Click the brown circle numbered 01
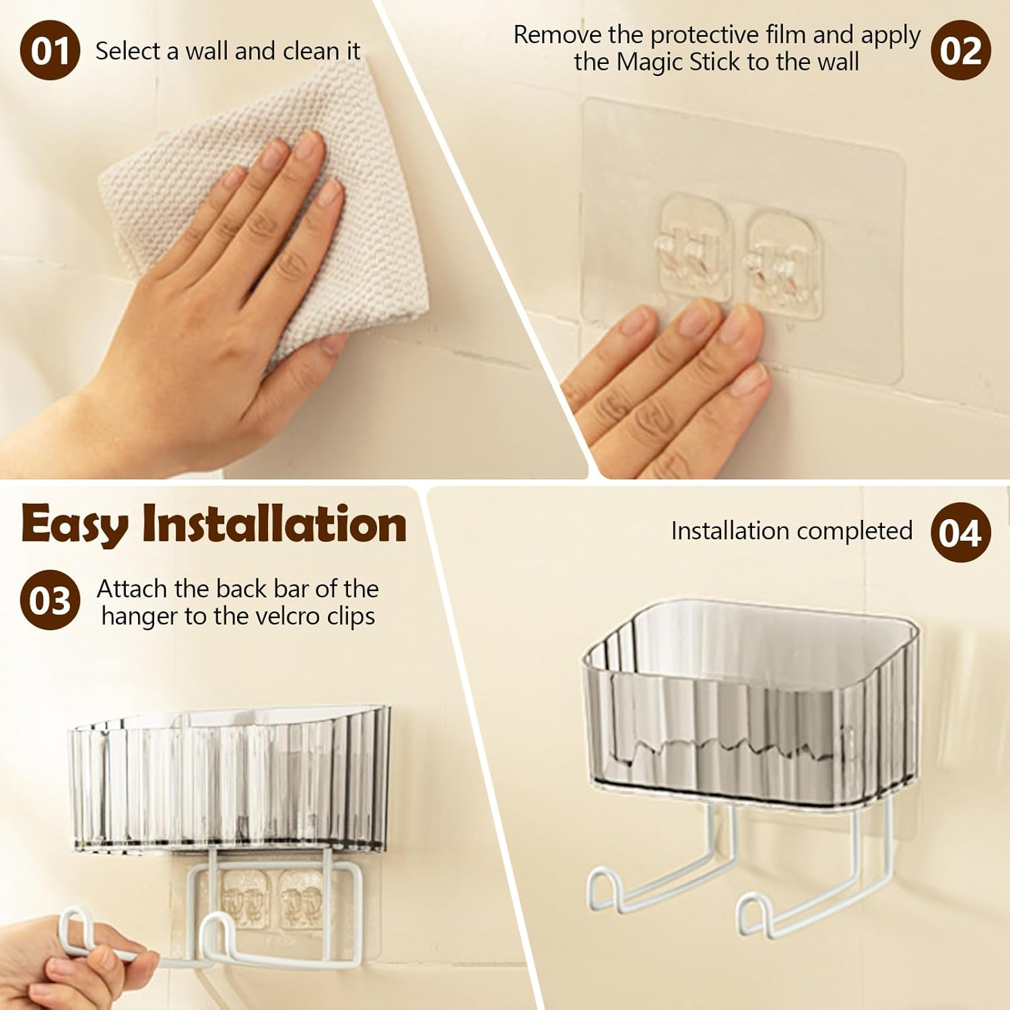50,50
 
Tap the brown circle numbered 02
961,50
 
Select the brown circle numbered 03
50,600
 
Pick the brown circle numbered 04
961,533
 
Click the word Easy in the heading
74,525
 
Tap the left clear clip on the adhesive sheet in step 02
695,249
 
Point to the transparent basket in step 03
229,781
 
